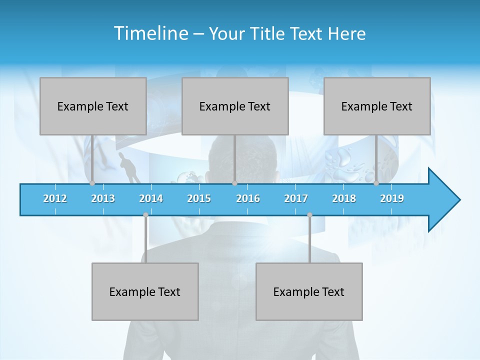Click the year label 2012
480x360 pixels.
(x=55, y=198)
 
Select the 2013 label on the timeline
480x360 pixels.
(x=103, y=198)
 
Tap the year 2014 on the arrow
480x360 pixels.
(x=151, y=198)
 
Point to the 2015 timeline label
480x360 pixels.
(x=199, y=198)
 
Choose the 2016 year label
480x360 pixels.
(x=248, y=198)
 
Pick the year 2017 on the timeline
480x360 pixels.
(x=296, y=198)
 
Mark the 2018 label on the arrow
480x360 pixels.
(x=344, y=198)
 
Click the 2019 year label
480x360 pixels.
(x=392, y=198)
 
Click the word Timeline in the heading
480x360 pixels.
(x=150, y=33)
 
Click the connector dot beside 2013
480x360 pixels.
(x=92, y=183)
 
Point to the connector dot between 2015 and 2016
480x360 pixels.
(x=234, y=183)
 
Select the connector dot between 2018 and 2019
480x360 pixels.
(x=376, y=183)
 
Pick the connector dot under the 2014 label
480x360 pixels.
(x=145, y=214)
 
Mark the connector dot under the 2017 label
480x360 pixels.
(x=309, y=214)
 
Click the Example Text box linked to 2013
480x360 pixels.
(x=93, y=106)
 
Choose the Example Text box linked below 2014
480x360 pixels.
(x=145, y=291)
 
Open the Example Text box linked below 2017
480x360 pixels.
(x=309, y=291)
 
